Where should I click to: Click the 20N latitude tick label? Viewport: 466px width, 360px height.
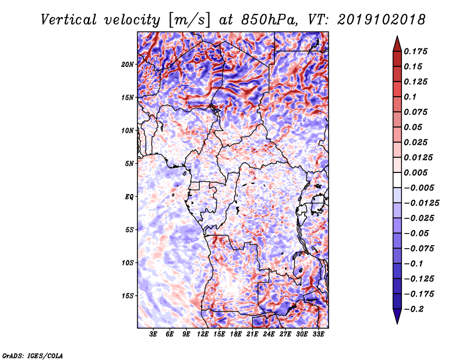coord(128,65)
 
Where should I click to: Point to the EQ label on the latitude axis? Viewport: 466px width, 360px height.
coord(129,197)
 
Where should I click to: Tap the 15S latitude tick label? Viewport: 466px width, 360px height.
coord(128,296)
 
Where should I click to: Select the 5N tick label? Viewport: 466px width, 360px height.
coord(129,164)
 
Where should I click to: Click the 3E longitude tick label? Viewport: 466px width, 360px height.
coord(153,334)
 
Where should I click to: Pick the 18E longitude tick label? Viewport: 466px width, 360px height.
coord(236,334)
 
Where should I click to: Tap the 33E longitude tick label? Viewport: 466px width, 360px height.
coord(318,334)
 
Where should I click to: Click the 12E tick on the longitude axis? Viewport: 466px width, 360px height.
coord(203,334)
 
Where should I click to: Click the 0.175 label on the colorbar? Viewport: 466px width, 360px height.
coord(415,51)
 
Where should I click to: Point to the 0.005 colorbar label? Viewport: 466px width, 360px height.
coord(415,172)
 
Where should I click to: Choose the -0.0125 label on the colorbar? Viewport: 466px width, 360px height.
coord(421,203)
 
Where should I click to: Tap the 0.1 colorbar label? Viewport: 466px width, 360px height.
coord(410,97)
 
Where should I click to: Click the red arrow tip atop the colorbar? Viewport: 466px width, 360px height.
coord(397,37)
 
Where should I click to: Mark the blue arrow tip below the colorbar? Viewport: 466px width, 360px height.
coord(397,323)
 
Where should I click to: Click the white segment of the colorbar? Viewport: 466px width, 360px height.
coord(397,180)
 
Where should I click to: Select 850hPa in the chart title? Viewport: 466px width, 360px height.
coord(269,20)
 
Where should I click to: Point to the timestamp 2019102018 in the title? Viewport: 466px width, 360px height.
coord(382,20)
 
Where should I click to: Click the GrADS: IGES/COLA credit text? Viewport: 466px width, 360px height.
coord(33,355)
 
